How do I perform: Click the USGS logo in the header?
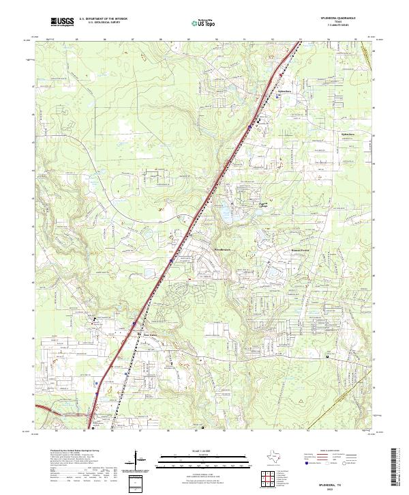tap(62, 23)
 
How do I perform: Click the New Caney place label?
tap(150, 334)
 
